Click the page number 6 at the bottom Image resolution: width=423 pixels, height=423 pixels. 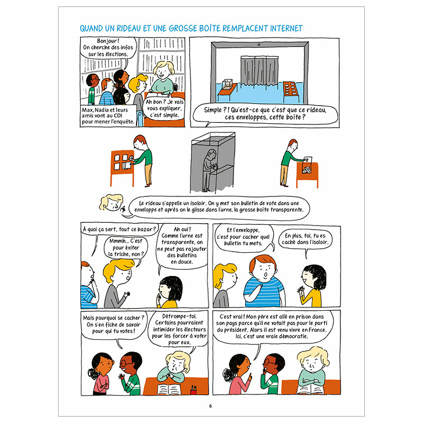click(211, 405)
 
